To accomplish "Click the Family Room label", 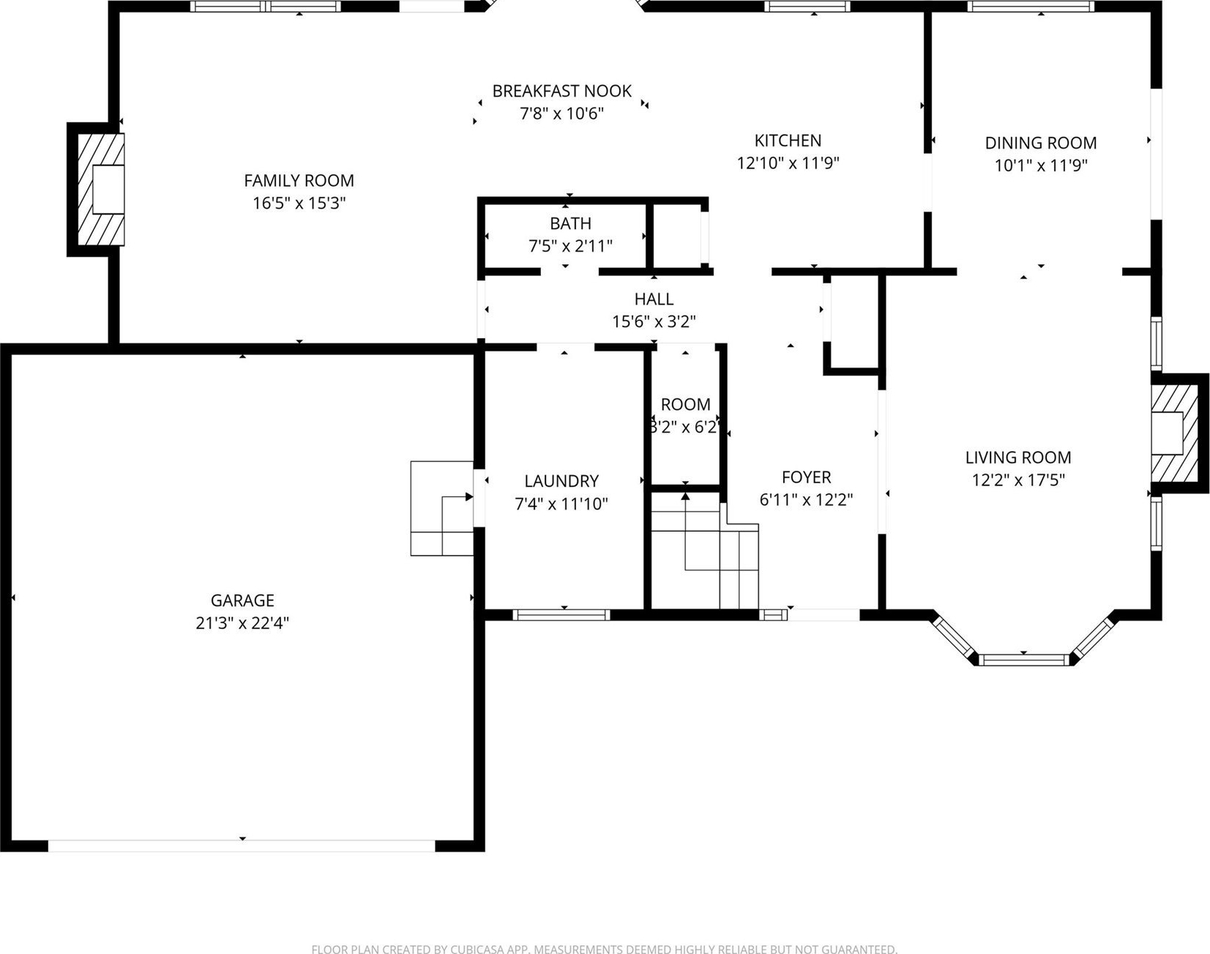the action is point(299,180).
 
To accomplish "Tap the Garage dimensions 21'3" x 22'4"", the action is point(242,623).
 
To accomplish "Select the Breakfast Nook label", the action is point(561,91).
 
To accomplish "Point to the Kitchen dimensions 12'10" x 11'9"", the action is point(788,163).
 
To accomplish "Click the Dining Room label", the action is point(1040,143).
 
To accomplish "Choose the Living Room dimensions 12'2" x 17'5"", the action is point(1018,480).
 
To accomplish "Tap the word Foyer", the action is point(806,477).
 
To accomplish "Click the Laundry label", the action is point(561,481).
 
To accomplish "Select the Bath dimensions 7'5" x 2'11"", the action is point(570,246).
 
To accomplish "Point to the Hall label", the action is point(654,299).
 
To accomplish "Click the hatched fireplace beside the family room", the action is point(100,189).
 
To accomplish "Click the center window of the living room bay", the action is point(1023,660).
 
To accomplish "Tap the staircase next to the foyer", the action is point(704,551).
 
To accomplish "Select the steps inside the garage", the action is point(442,508).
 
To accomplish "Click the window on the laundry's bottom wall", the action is point(561,615).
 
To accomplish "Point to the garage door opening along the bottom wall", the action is point(242,846).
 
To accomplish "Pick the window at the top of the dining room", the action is point(1031,7).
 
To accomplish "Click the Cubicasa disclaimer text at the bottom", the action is point(604,949).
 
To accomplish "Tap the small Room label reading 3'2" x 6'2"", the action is point(685,416).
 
